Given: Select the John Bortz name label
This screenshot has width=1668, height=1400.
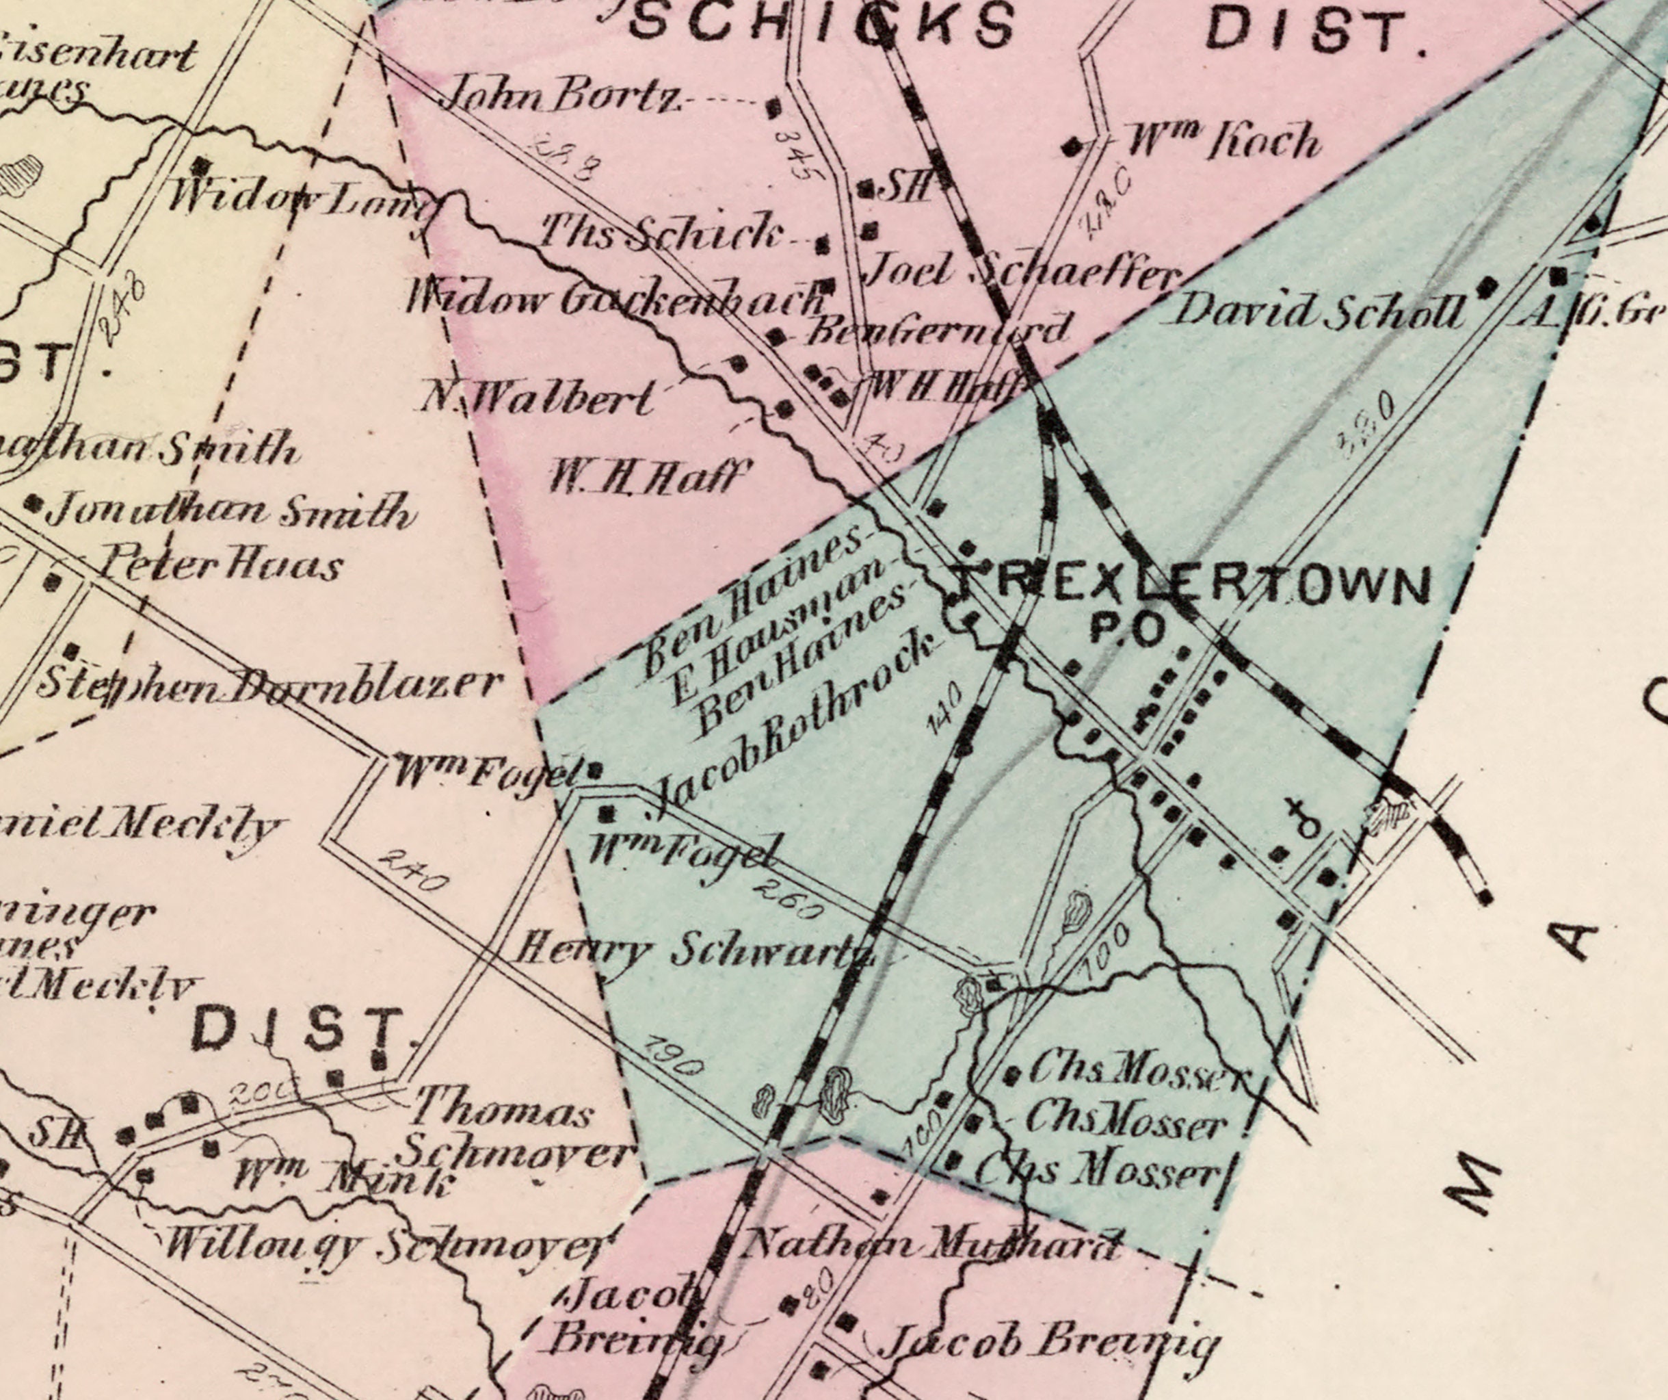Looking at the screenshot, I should tap(560, 96).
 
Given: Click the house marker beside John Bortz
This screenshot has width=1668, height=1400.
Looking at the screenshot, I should tap(773, 107).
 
